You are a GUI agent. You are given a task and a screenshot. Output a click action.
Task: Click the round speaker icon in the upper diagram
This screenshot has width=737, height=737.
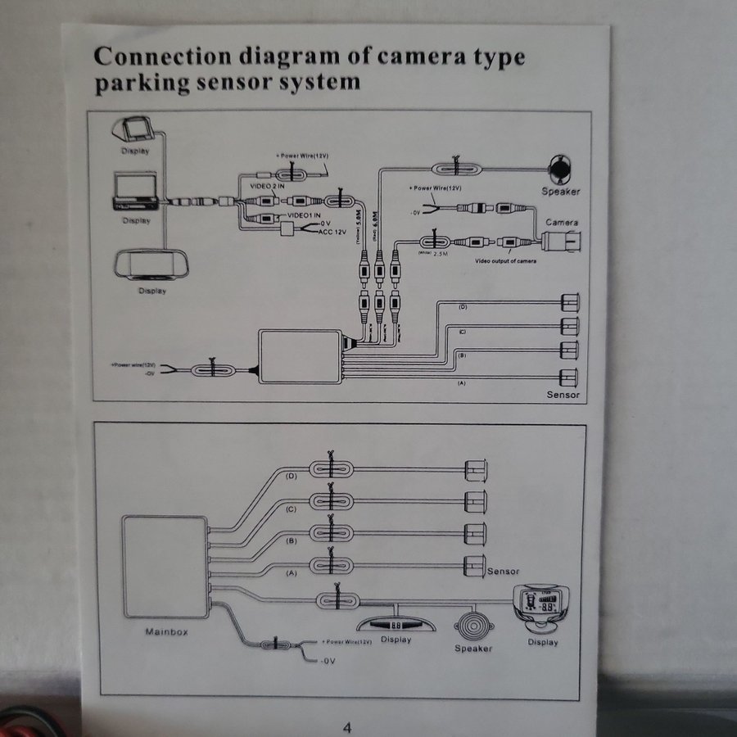point(560,168)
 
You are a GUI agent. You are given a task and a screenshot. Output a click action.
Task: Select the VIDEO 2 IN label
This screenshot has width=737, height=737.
point(267,186)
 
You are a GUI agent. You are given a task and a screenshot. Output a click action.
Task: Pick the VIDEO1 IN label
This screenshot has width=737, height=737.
point(301,215)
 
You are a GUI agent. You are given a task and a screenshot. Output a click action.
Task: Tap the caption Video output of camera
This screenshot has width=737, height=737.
point(506,262)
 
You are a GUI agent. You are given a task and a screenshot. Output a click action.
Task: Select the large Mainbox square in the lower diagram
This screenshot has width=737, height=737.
point(164,564)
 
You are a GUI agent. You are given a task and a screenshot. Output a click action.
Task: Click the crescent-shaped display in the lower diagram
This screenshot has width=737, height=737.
point(396,624)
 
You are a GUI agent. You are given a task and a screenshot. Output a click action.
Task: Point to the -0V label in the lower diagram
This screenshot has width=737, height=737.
point(327,659)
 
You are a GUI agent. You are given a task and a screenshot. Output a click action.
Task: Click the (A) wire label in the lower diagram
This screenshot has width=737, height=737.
point(290,574)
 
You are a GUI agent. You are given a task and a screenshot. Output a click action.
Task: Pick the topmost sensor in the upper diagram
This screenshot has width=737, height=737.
point(569,302)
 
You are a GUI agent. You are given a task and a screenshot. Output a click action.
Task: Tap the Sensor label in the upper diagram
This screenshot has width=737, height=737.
point(563,395)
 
